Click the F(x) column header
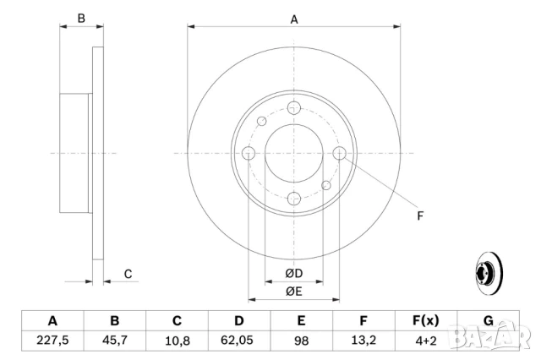[425, 321]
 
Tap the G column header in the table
[488, 321]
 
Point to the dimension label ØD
[293, 274]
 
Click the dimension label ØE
[293, 292]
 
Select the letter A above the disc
[294, 19]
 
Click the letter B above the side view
[81, 19]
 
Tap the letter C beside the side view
[128, 273]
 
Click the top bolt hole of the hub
[294, 107]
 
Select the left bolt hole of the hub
[249, 153]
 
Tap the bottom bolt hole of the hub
[294, 199]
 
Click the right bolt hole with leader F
[340, 153]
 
